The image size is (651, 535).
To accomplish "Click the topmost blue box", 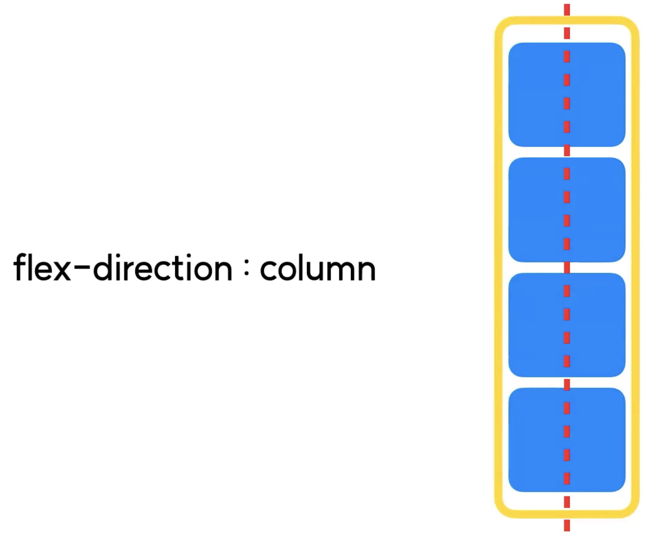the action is (x=534, y=94).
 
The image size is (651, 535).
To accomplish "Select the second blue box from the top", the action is (x=534, y=209).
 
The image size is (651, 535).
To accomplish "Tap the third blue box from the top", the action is (x=534, y=325).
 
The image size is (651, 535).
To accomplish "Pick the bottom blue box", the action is (x=534, y=440).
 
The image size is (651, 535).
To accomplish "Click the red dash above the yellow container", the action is (x=567, y=9).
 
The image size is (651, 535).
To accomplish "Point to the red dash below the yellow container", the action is (x=567, y=526).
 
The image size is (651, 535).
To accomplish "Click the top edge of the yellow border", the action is (x=534, y=20).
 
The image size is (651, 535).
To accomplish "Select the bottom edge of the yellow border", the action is (x=534, y=514).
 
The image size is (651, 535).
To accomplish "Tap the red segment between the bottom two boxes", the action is (x=567, y=382).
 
